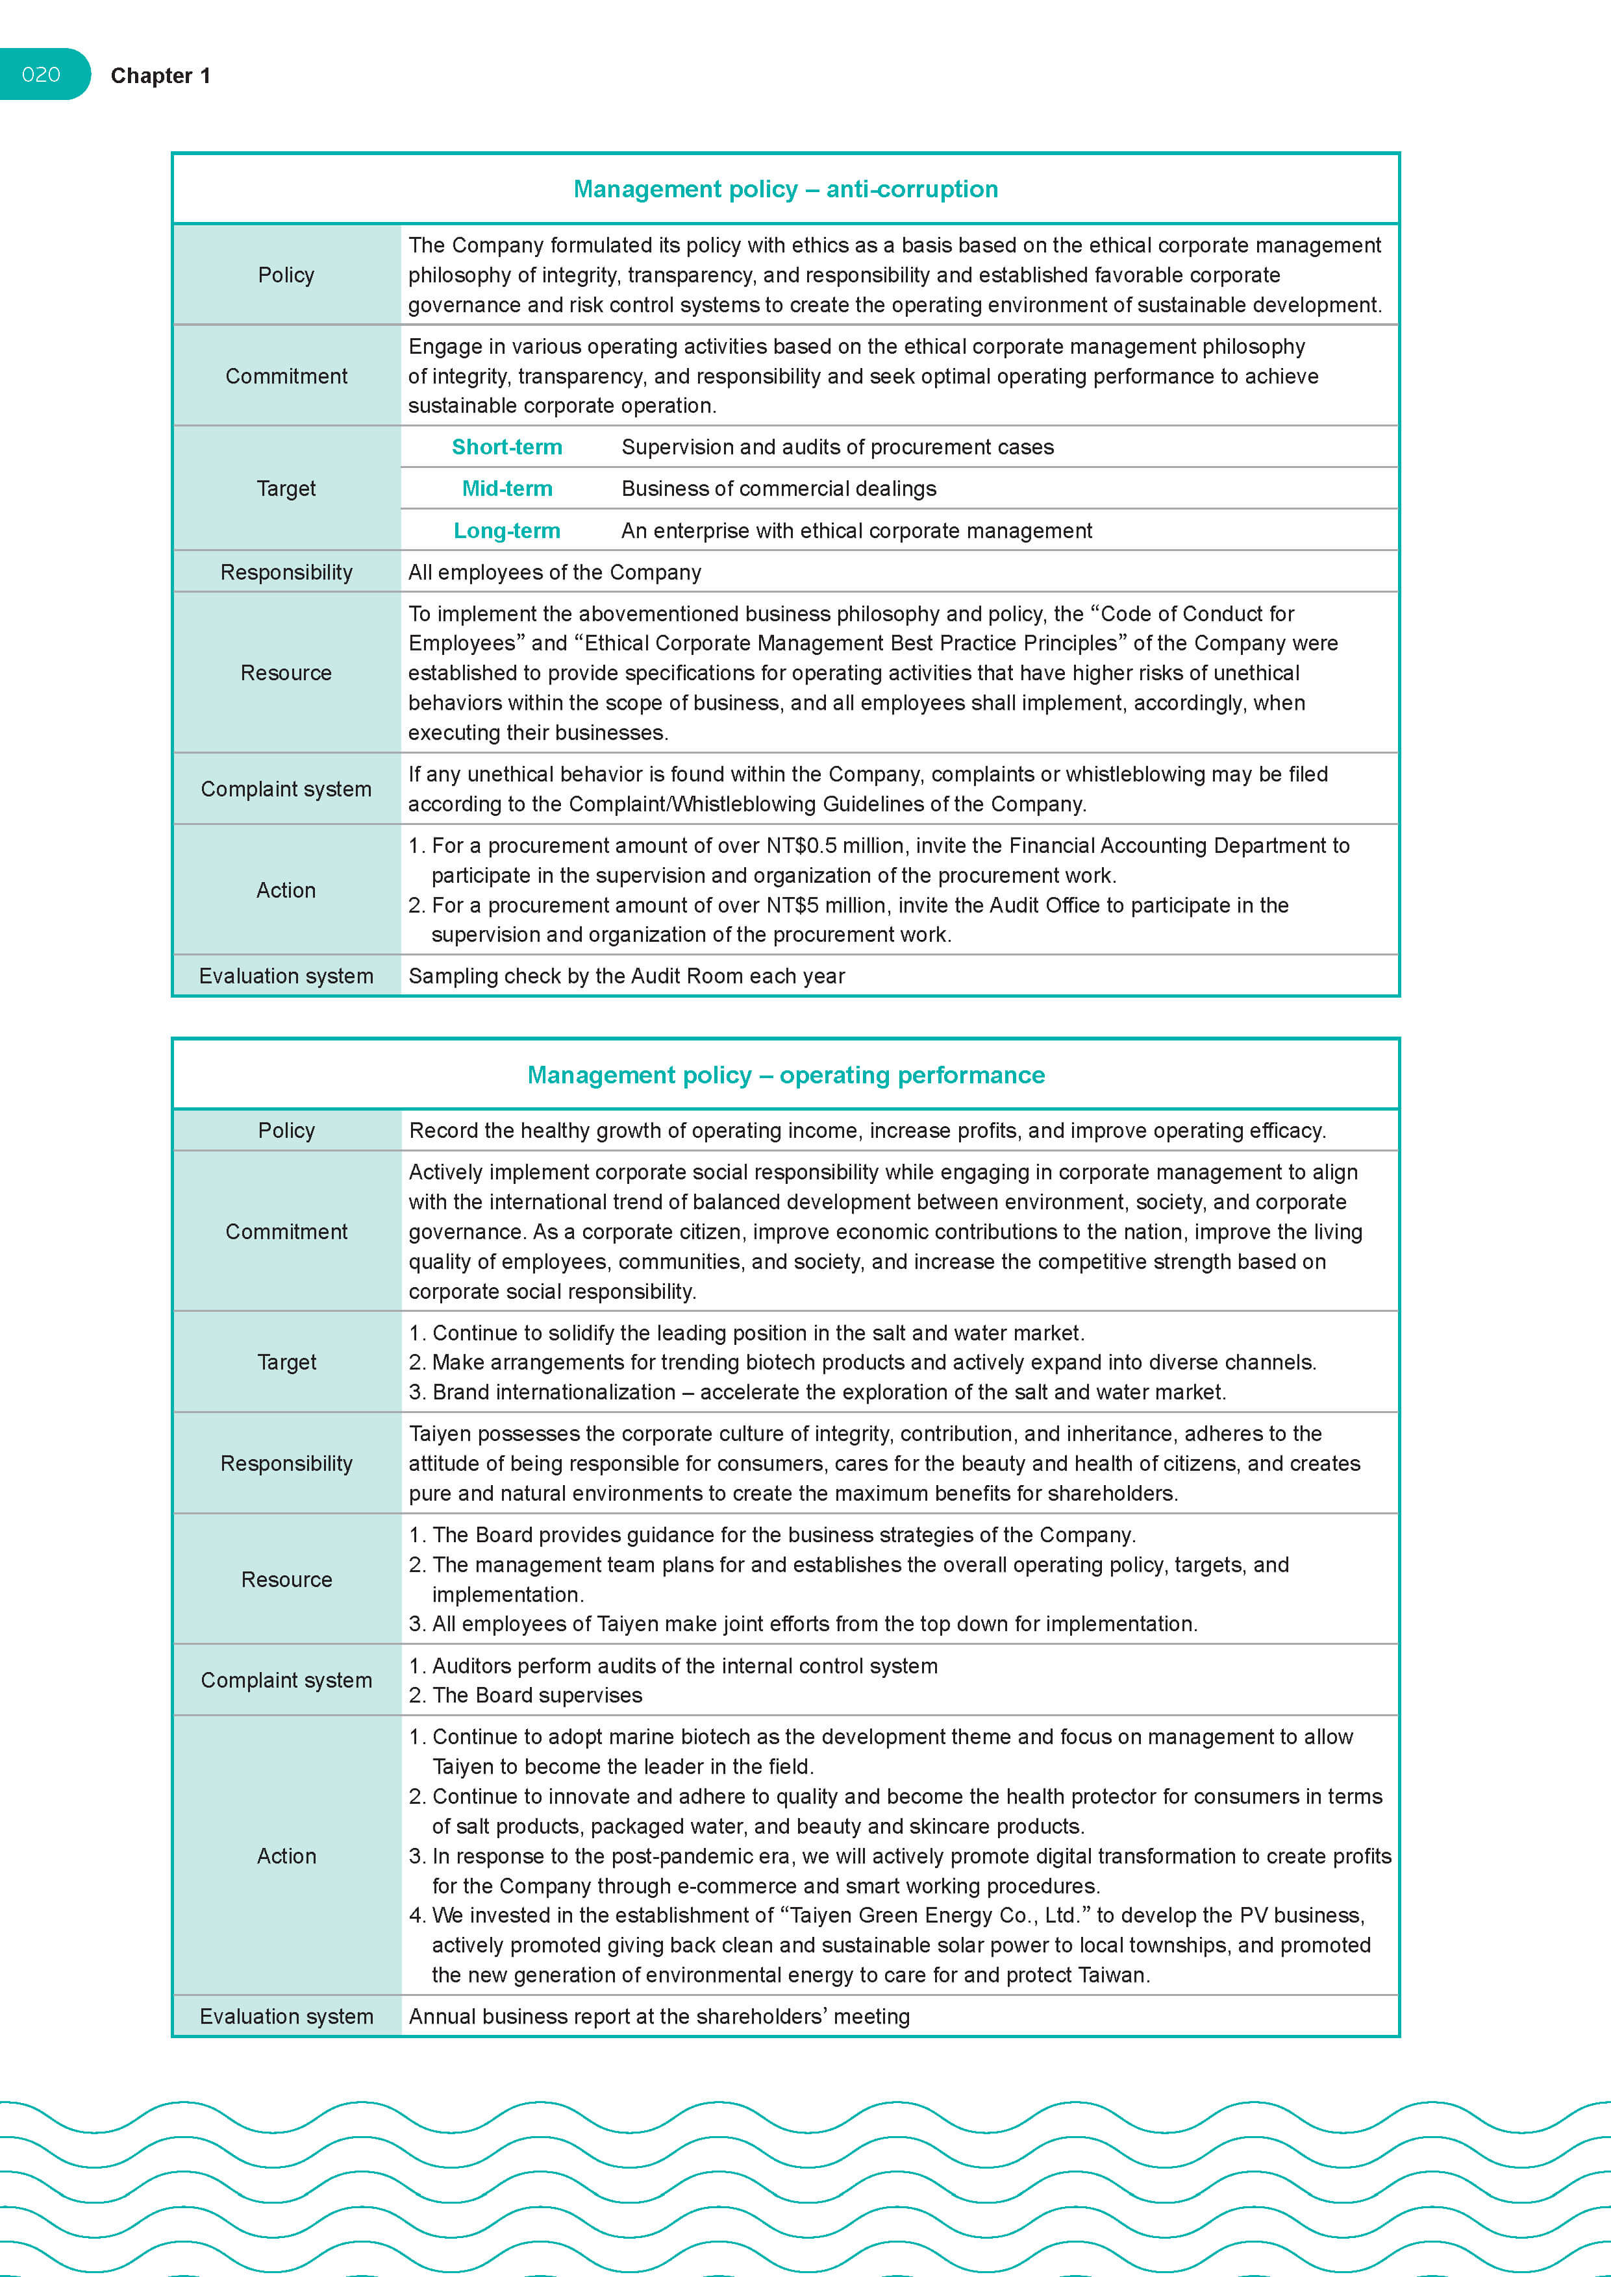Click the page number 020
(x=41, y=75)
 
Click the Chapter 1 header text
(x=160, y=77)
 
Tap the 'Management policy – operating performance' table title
(x=786, y=1075)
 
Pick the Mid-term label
(x=507, y=489)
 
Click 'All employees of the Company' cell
(x=555, y=572)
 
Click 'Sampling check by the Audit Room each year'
(x=626, y=976)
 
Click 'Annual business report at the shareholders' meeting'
(x=658, y=2016)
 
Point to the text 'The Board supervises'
(x=536, y=1695)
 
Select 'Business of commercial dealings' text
(x=779, y=489)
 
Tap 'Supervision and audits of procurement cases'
(x=837, y=447)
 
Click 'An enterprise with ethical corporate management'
(x=856, y=530)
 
